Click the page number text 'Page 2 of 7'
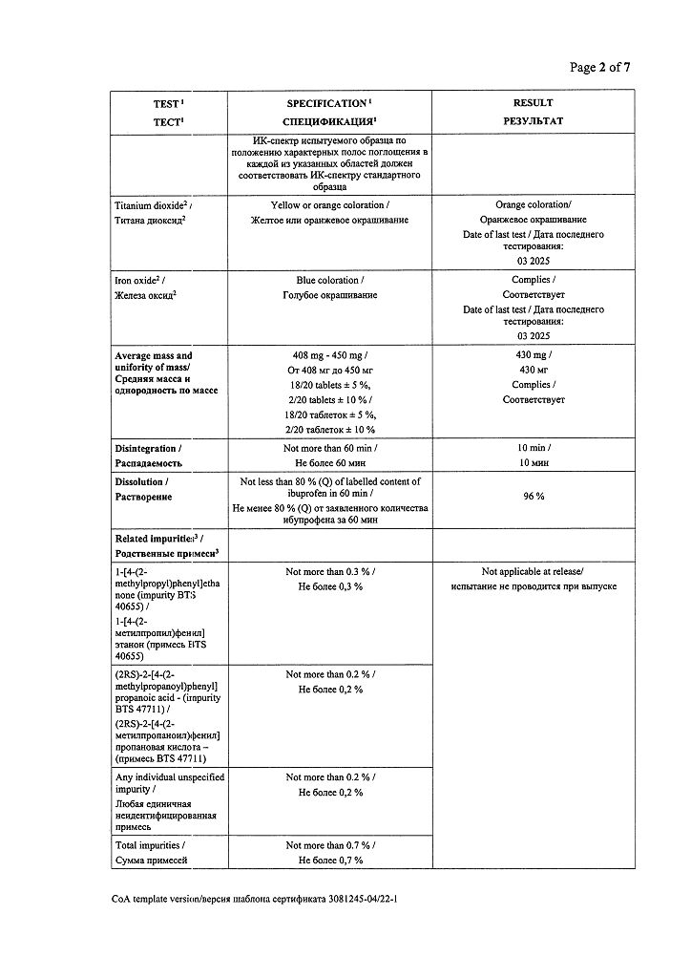599,67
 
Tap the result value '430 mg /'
533,355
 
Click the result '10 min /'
533,448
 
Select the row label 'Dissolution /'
140,482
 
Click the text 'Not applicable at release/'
533,571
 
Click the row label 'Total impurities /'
150,845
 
